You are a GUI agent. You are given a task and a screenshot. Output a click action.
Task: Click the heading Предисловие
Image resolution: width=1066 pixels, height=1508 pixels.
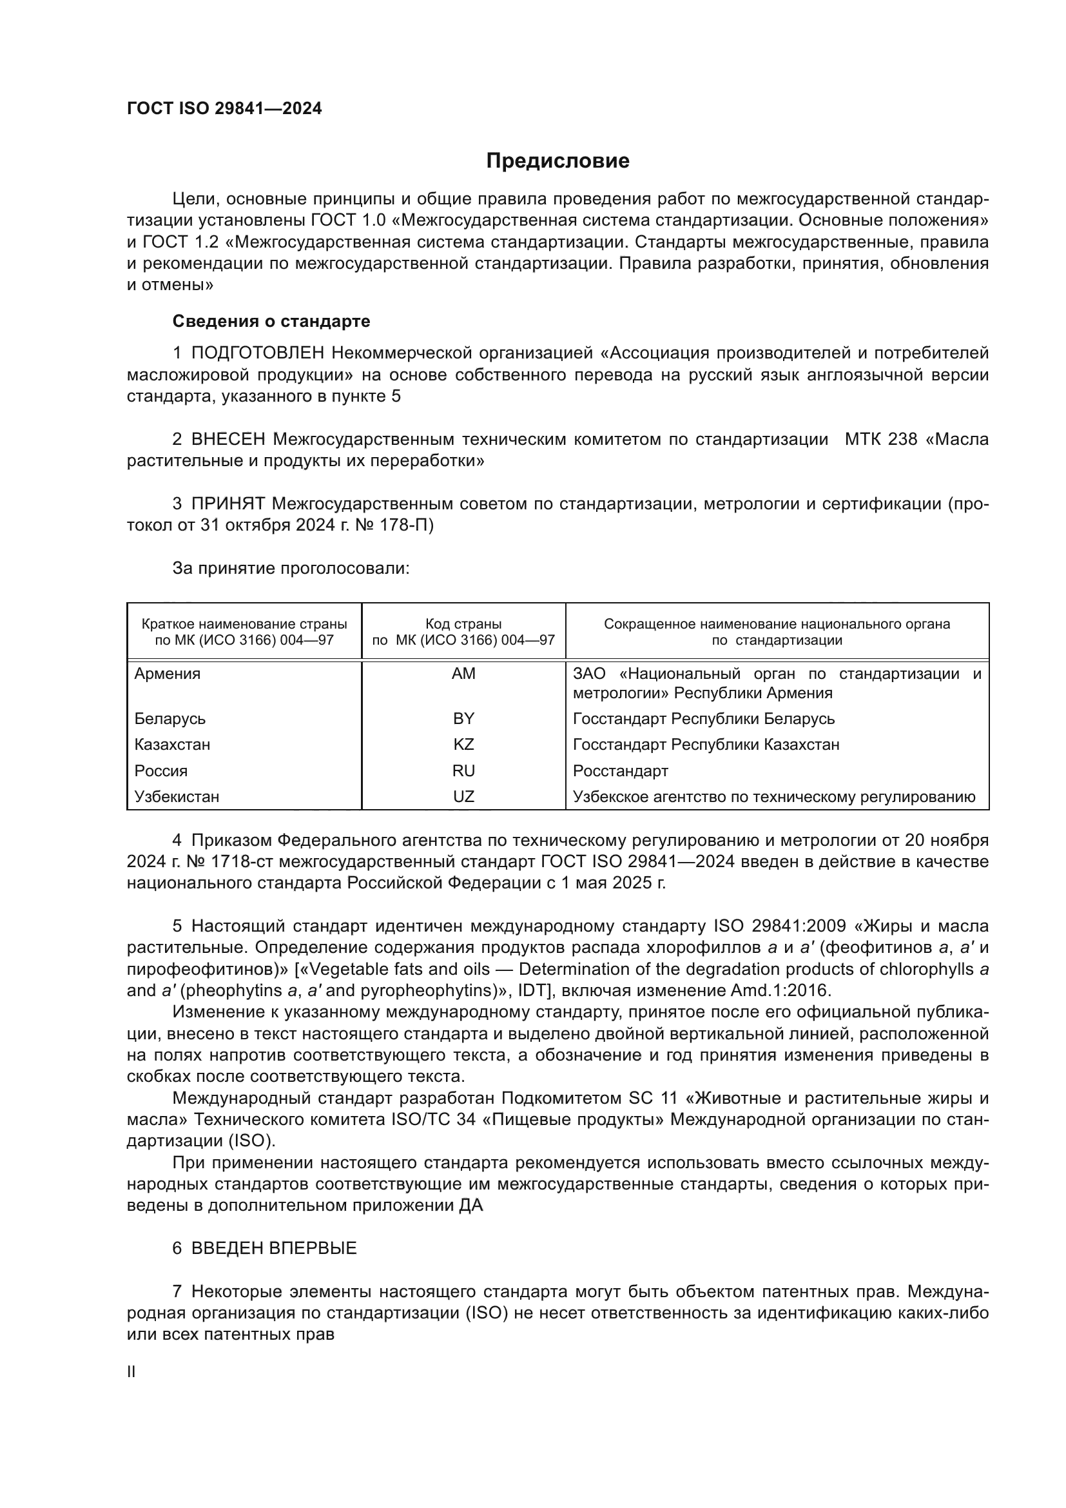coord(557,161)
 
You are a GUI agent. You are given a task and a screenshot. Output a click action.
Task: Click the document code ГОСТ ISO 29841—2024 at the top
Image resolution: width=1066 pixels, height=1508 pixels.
coord(224,108)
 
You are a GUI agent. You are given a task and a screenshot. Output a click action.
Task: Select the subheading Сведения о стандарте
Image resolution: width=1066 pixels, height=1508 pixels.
coord(271,321)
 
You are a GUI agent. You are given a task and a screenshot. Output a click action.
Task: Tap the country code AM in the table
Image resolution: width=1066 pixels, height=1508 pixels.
coord(463,673)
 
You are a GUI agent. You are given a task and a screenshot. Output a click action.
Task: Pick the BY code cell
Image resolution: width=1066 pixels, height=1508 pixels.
coord(463,718)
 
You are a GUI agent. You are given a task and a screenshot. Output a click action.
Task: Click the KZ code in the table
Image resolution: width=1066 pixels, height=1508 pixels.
coord(463,744)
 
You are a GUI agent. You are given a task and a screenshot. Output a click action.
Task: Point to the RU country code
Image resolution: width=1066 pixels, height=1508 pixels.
coord(463,770)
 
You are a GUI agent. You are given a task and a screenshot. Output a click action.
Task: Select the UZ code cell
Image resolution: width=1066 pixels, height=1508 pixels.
coord(463,797)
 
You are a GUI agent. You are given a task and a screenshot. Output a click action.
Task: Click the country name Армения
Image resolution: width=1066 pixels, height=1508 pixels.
coord(168,673)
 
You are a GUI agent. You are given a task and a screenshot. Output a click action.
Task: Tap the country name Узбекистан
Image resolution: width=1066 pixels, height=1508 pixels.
coord(177,797)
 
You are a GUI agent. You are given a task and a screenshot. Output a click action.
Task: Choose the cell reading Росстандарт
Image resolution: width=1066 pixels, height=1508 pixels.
coord(620,770)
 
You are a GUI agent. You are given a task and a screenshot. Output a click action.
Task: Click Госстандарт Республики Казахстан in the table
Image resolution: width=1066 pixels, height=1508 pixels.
coord(706,744)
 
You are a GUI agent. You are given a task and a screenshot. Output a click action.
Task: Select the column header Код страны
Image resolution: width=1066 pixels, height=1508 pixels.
coord(463,624)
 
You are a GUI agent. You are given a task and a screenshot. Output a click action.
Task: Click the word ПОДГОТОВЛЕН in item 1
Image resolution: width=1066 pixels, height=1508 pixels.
coord(257,353)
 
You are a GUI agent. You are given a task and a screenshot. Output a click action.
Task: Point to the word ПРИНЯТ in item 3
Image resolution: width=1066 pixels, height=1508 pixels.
coord(228,504)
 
